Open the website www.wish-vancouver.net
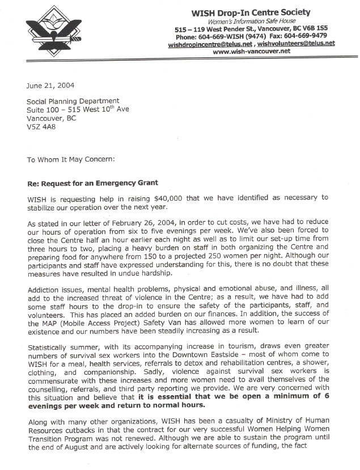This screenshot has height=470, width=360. tap(251, 51)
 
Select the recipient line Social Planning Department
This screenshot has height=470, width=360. tap(73, 101)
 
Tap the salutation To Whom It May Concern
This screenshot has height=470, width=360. tap(71, 159)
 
